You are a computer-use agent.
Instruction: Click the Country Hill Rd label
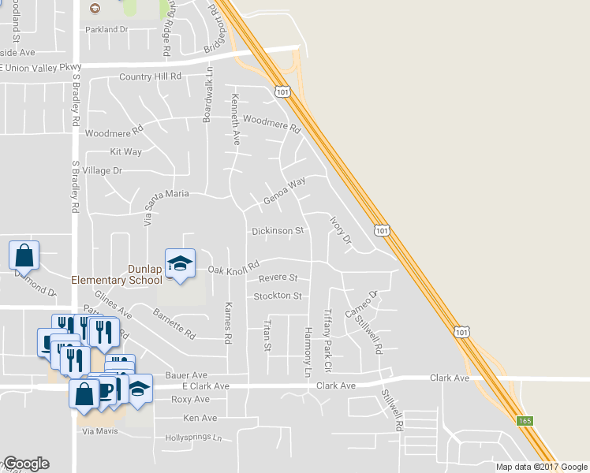(x=151, y=76)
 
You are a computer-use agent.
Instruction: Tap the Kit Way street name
(x=126, y=151)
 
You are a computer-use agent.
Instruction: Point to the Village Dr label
(x=103, y=170)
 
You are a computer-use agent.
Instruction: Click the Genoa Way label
(x=284, y=192)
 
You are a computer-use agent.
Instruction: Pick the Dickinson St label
(x=278, y=231)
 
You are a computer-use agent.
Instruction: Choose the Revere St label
(x=278, y=278)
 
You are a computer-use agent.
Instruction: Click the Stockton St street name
(x=278, y=296)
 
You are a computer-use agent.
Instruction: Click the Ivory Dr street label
(x=340, y=229)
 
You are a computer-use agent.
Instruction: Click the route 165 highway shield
(x=525, y=421)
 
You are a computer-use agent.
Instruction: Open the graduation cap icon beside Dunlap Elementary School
(x=180, y=264)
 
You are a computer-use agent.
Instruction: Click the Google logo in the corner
(x=26, y=464)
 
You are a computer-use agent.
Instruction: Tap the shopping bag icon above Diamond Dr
(x=24, y=255)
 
